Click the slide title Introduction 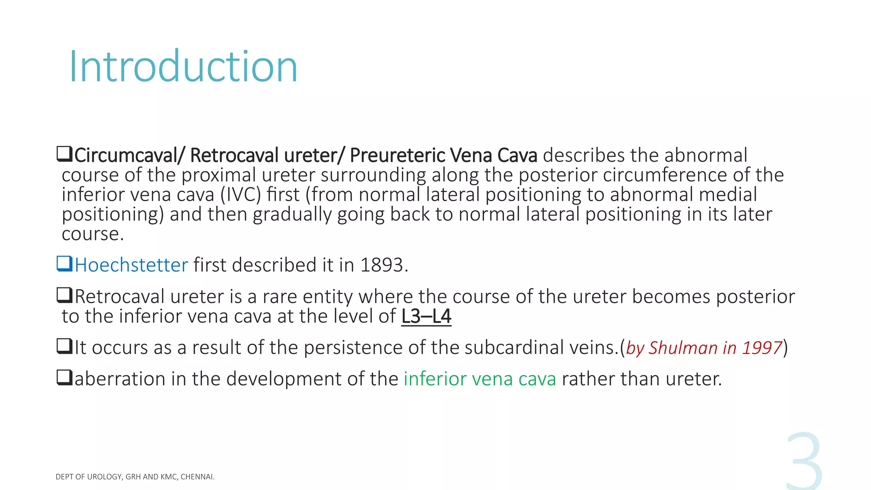pyautogui.click(x=183, y=66)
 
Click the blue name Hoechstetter pyautogui.click(x=131, y=265)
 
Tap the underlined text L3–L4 pyautogui.click(x=426, y=316)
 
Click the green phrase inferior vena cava pyautogui.click(x=480, y=379)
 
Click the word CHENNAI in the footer pyautogui.click(x=197, y=477)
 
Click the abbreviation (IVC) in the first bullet pyautogui.click(x=240, y=195)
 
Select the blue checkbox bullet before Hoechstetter pyautogui.click(x=65, y=264)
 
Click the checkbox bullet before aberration pyautogui.click(x=65, y=377)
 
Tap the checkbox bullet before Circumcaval pyautogui.click(x=65, y=154)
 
